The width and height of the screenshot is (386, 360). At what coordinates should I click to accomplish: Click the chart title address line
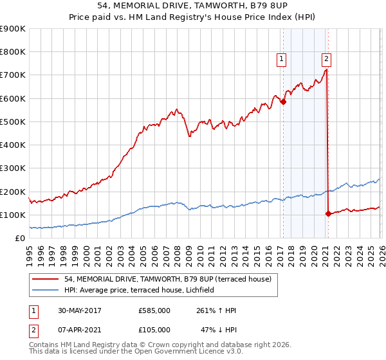(x=192, y=6)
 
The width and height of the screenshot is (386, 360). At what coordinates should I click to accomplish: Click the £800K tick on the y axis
(x=13, y=52)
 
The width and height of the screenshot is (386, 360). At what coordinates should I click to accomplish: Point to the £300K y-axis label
(x=13, y=168)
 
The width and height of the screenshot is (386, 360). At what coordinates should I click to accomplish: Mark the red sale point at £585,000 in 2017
(x=282, y=102)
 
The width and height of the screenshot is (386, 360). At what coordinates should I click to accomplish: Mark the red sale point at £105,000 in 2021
(x=328, y=213)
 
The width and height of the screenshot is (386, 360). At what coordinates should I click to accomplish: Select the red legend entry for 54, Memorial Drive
(x=169, y=279)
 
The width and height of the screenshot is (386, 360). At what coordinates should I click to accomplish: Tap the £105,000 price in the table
(x=154, y=330)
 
